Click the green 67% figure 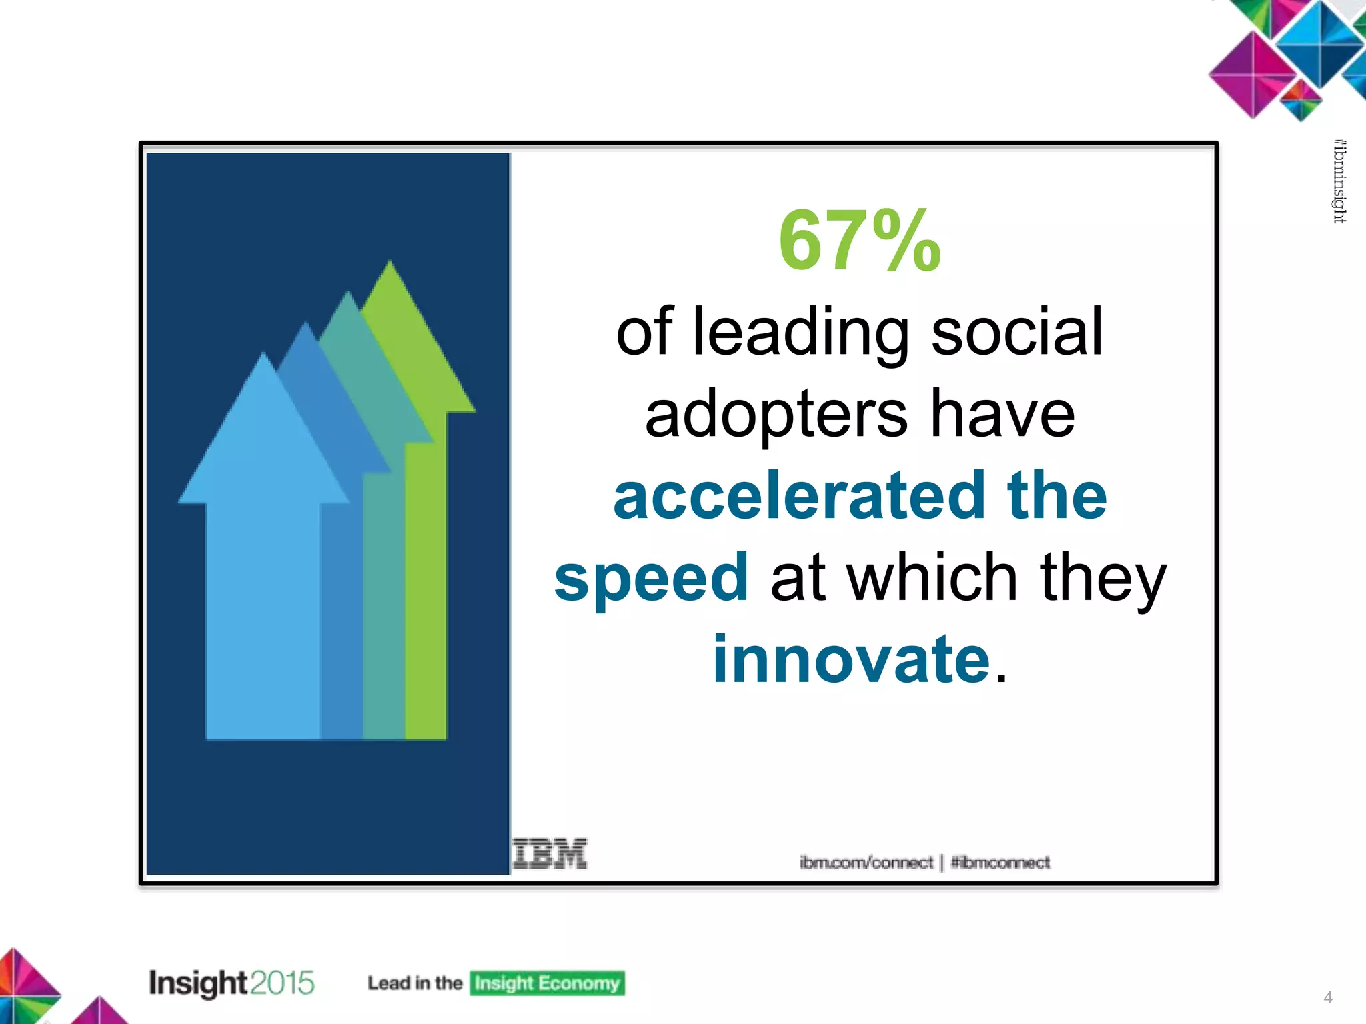(859, 241)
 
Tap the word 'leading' (800, 332)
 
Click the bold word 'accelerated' (799, 495)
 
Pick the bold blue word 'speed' (651, 577)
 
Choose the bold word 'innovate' (851, 659)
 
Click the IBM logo (550, 854)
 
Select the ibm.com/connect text (866, 863)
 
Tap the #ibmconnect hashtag (1000, 863)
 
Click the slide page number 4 (1327, 997)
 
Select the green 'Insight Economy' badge (547, 983)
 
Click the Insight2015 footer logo (231, 983)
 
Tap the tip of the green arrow (390, 264)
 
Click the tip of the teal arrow (348, 294)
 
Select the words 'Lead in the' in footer (414, 983)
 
